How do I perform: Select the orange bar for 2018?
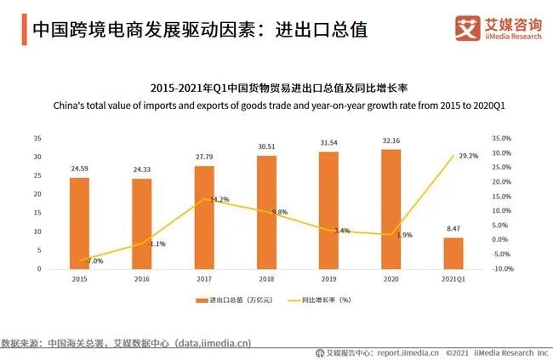click(x=266, y=212)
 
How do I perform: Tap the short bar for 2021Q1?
click(x=453, y=253)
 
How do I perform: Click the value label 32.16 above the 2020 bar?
click(x=391, y=140)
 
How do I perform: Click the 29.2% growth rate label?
click(x=468, y=156)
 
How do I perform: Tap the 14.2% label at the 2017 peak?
click(x=219, y=200)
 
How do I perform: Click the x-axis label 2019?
click(x=328, y=278)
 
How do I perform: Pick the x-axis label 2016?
click(x=141, y=278)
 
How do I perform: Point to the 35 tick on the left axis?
click(x=37, y=138)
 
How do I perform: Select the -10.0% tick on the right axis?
click(x=502, y=269)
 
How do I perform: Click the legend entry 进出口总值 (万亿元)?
click(x=236, y=301)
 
